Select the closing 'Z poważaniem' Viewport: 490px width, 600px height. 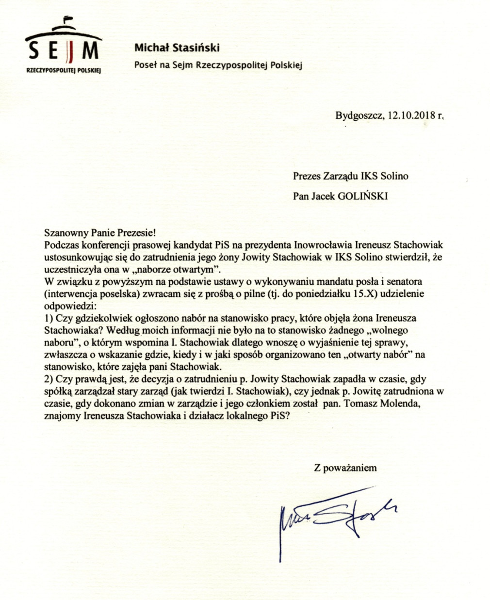pyautogui.click(x=345, y=468)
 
